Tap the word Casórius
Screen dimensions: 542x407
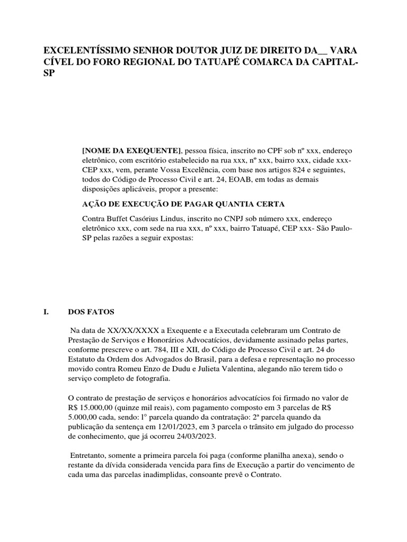pyautogui.click(x=145, y=219)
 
